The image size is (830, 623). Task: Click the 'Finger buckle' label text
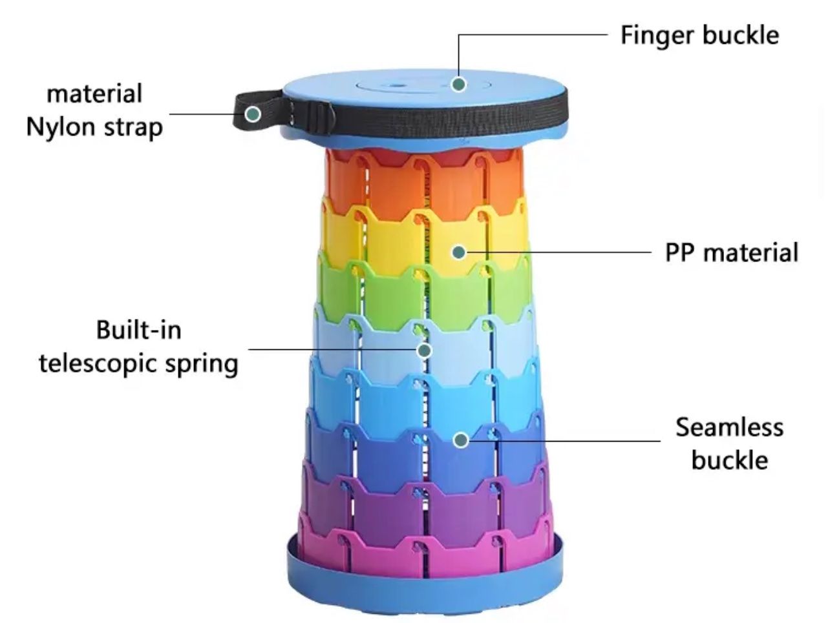coord(699,35)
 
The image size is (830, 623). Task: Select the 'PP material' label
coord(731,252)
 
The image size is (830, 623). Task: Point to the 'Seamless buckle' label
coord(729,444)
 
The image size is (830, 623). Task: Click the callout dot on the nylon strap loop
coord(253,114)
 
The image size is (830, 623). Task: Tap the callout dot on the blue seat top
coord(458,84)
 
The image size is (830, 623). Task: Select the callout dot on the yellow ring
coord(458,252)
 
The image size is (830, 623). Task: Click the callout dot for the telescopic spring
coord(424,350)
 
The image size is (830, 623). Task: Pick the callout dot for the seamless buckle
coord(460,440)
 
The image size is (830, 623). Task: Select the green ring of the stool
coord(388,291)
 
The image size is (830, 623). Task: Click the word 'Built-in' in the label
coord(138,330)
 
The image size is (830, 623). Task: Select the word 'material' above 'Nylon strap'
coord(94,94)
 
